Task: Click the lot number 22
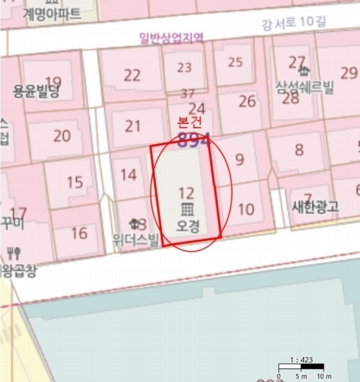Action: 132,75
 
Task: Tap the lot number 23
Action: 184,67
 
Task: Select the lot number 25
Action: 235,62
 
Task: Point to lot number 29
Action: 349,73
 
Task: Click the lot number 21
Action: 133,125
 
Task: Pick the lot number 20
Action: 62,136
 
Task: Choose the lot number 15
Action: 75,183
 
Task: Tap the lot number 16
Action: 79,233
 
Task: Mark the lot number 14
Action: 128,174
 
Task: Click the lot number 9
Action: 240,159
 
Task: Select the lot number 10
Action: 245,209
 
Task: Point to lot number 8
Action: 299,150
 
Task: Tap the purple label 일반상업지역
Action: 171,38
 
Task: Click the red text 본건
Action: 188,121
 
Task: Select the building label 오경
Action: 187,225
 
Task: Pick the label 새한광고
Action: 315,206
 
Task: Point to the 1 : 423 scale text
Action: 301,360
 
